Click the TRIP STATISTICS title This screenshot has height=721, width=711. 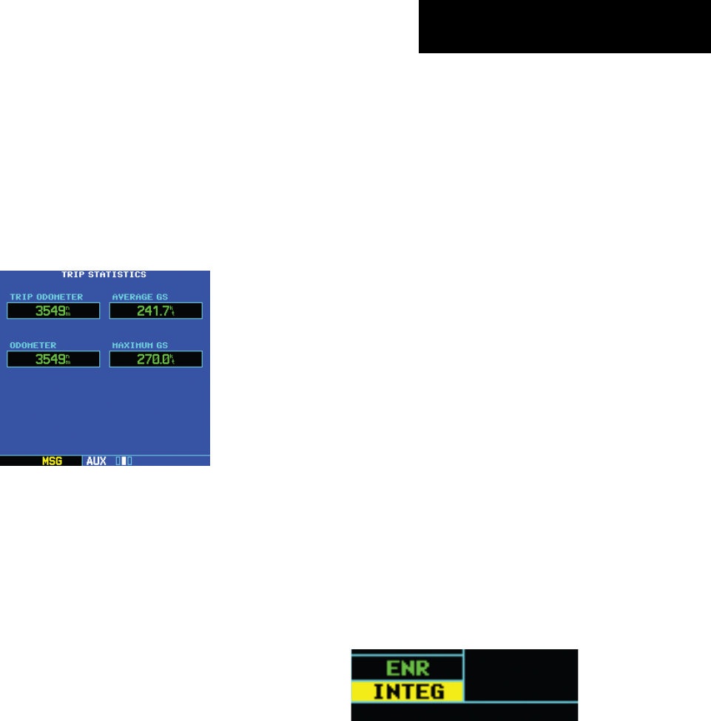pyautogui.click(x=104, y=274)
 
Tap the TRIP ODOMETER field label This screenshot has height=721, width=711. pyautogui.click(x=46, y=297)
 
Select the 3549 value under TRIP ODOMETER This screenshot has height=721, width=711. pyautogui.click(x=50, y=311)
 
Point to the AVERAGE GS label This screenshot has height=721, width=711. pyautogui.click(x=140, y=297)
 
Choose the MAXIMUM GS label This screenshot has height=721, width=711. pyautogui.click(x=140, y=345)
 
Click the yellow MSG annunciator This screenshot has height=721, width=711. pyautogui.click(x=52, y=461)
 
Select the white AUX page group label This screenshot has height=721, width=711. pyautogui.click(x=96, y=461)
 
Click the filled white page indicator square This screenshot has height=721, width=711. pyautogui.click(x=124, y=461)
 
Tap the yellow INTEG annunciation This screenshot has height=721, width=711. pyautogui.click(x=406, y=692)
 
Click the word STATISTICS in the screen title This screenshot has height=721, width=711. pyautogui.click(x=117, y=274)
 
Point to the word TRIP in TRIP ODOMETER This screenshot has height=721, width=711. pyautogui.click(x=21, y=297)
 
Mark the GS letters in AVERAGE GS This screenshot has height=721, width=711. pyautogui.click(x=161, y=297)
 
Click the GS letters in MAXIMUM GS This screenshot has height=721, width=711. pyautogui.click(x=161, y=345)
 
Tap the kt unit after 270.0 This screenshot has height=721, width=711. pyautogui.click(x=172, y=359)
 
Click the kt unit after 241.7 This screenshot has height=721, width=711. pyautogui.click(x=172, y=311)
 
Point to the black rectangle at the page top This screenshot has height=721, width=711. pyautogui.click(x=565, y=27)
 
